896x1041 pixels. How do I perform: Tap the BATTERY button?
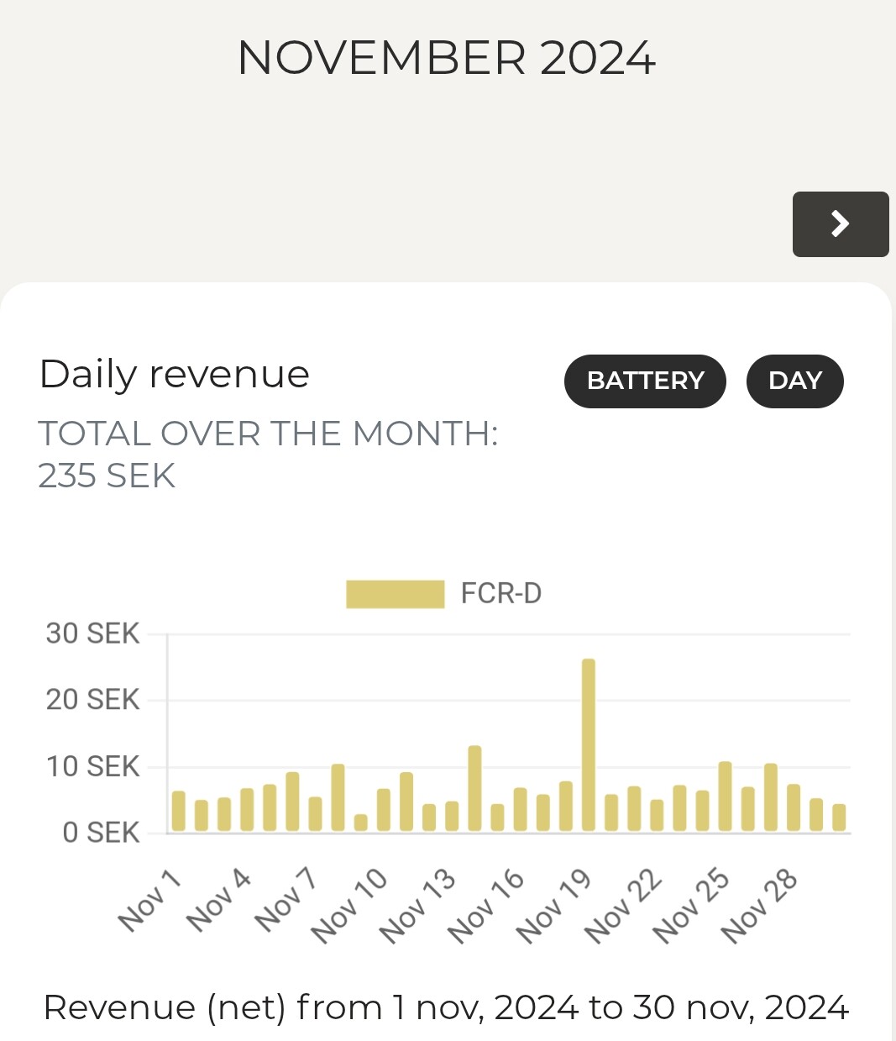(x=645, y=381)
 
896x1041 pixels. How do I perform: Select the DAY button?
(x=794, y=381)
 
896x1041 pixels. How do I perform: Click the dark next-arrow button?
(x=840, y=224)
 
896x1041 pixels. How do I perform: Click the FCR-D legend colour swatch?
(x=395, y=594)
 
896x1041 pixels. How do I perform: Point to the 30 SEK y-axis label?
(x=92, y=634)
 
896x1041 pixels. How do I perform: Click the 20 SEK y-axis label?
(x=92, y=700)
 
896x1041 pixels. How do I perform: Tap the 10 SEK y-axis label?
(x=92, y=766)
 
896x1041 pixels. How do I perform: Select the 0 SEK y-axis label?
(x=101, y=833)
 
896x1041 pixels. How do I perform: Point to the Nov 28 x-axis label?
(x=759, y=906)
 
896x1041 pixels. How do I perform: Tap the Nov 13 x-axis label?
(x=417, y=906)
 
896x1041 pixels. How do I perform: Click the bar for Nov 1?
(x=179, y=812)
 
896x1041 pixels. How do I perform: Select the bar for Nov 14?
(x=474, y=789)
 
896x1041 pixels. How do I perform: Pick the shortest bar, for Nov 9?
(x=361, y=823)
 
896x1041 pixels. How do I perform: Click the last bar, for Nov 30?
(x=839, y=818)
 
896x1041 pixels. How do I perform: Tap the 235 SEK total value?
(x=107, y=476)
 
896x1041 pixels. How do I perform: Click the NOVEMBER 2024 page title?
(x=447, y=58)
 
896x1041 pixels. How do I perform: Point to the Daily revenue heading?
(x=175, y=374)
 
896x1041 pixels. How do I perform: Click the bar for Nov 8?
(x=338, y=798)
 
